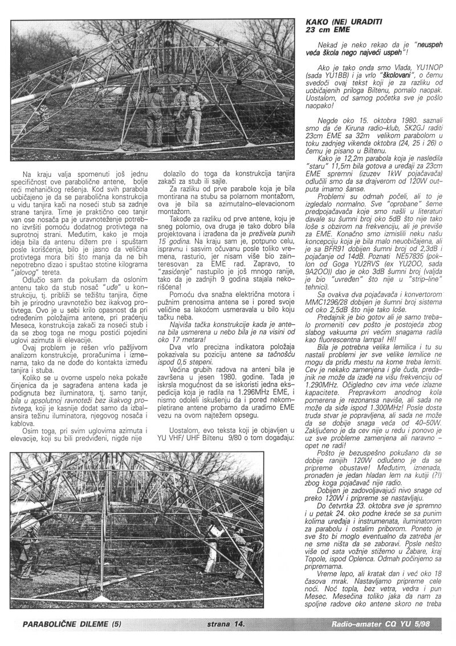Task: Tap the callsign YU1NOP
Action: (429, 67)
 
